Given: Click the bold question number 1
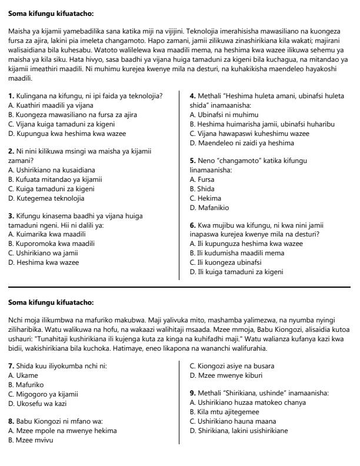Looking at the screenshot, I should click(11, 95).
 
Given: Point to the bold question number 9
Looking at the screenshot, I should click(192, 393).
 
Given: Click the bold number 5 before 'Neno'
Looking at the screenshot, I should click(192, 160).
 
